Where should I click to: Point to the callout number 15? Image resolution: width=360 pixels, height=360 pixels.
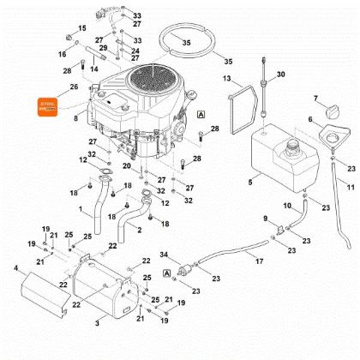tap(82, 28)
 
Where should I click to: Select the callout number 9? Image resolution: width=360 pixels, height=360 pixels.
tap(266, 218)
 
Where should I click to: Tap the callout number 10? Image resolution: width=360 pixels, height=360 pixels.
tap(287, 206)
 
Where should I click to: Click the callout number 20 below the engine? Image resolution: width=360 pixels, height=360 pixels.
tap(127, 166)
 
